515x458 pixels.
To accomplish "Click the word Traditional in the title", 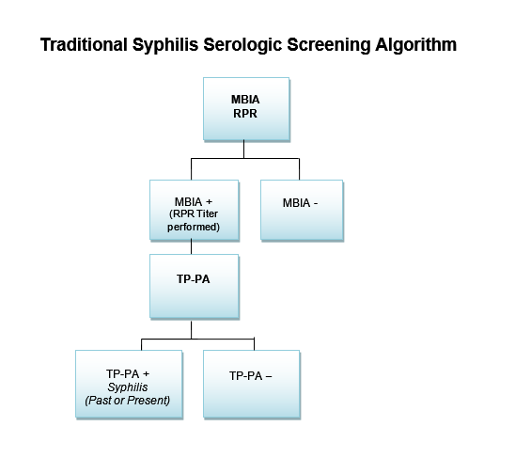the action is click(84, 44).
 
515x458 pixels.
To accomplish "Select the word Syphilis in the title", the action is click(165, 45).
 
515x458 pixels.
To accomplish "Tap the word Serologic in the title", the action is click(242, 45).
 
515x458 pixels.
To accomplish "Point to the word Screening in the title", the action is click(329, 45).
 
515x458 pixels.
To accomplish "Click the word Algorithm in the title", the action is click(416, 44).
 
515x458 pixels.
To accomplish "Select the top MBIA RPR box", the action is click(246, 109).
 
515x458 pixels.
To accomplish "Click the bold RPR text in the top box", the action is click(245, 114).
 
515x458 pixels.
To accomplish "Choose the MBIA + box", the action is click(195, 210).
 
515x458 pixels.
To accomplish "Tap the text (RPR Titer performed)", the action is click(194, 221).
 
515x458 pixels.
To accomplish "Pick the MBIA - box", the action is click(302, 210).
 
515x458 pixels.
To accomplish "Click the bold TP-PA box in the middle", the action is click(195, 286).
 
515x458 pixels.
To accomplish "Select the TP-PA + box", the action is click(129, 384).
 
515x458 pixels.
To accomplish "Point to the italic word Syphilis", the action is click(128, 387).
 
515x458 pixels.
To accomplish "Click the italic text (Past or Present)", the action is click(128, 401).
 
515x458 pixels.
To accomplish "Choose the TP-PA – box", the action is click(252, 384).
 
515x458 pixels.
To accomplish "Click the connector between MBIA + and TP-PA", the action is click(191, 247).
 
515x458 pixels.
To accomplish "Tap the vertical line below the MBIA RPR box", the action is click(243, 150).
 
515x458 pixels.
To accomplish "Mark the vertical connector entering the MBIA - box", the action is click(299, 169).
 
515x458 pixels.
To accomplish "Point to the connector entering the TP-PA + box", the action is click(142, 344).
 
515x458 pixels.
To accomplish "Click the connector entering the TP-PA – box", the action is click(255, 344).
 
